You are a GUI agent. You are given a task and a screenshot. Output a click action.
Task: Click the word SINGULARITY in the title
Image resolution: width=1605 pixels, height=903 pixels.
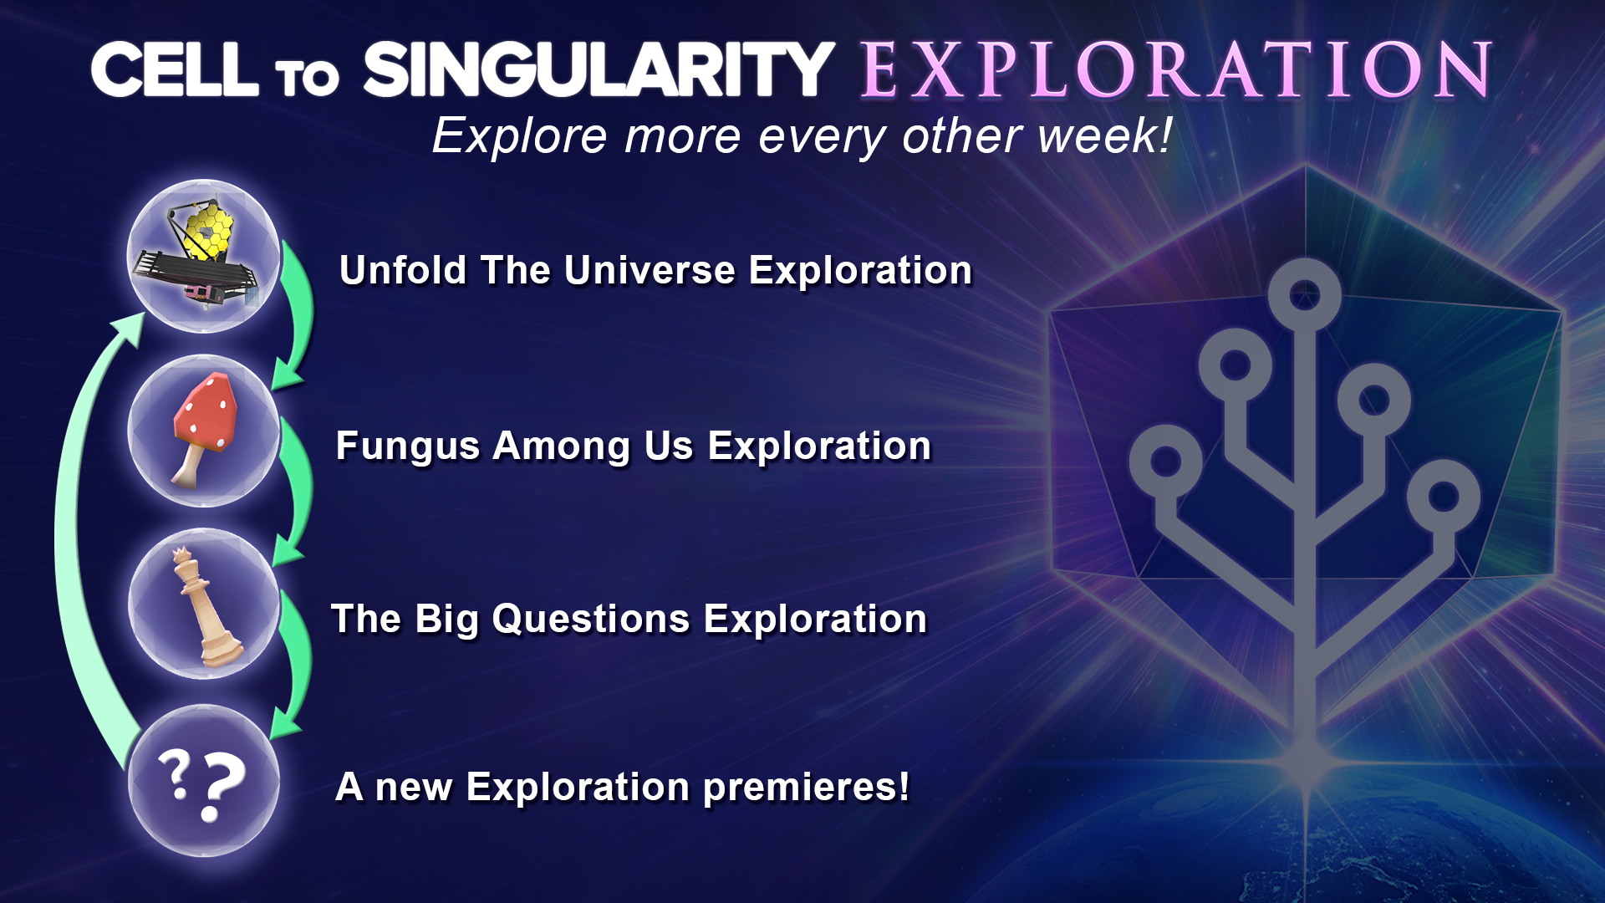(599, 69)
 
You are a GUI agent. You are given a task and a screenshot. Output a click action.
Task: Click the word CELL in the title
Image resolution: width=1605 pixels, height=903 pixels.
(175, 69)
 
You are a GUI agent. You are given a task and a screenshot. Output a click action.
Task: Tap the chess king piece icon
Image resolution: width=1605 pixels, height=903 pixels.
(205, 606)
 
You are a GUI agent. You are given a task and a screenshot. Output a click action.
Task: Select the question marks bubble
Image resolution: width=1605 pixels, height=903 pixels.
(203, 781)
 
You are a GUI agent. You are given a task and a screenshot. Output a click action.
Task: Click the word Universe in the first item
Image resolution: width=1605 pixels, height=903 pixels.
(650, 271)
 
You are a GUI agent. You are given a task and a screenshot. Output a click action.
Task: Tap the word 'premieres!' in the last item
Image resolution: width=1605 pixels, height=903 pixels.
(806, 788)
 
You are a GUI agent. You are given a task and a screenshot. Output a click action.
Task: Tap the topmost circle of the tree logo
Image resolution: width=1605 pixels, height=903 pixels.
(1304, 295)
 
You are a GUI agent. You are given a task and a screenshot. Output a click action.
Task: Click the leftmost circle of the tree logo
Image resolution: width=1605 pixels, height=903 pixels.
(1165, 462)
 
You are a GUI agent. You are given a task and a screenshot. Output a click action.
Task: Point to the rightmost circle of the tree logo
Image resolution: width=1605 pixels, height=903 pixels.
(1444, 497)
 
